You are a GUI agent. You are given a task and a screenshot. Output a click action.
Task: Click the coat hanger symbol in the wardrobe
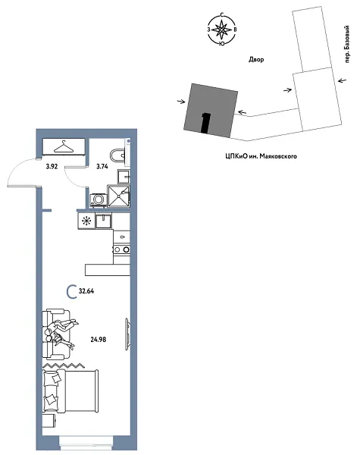tap(63, 146)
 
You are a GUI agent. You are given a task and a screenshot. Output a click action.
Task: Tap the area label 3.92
tap(52, 165)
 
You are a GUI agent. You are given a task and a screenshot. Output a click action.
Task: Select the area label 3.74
tap(102, 165)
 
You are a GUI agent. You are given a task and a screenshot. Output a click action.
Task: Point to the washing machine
tap(98, 200)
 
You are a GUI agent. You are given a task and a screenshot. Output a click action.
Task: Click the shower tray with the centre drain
tap(120, 196)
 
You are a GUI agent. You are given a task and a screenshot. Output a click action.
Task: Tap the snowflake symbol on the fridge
tap(86, 222)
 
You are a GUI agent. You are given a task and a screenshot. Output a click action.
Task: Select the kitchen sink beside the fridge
tap(106, 222)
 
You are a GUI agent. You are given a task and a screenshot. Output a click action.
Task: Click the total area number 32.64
tap(90, 291)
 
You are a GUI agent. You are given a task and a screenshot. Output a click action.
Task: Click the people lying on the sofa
tap(61, 334)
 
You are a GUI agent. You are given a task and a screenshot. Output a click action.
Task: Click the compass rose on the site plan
tap(221, 30)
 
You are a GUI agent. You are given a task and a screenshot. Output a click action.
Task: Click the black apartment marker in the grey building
tap(205, 122)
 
